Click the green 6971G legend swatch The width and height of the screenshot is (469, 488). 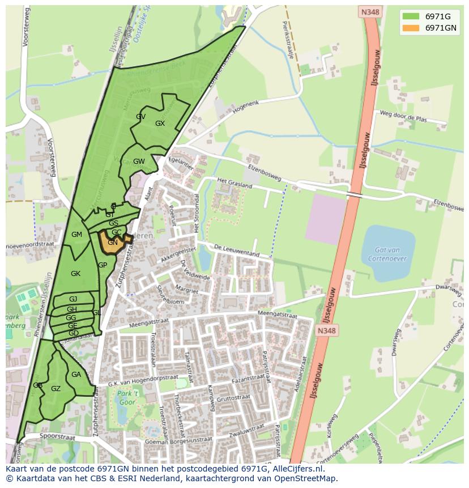(x=411, y=16)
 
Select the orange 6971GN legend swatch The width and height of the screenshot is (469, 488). (x=411, y=28)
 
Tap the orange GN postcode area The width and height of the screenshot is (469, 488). (x=112, y=243)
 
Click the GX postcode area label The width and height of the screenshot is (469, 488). (x=160, y=124)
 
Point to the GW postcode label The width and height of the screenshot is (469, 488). (x=139, y=162)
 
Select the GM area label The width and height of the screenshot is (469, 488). (x=76, y=235)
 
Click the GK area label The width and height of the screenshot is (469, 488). (x=75, y=274)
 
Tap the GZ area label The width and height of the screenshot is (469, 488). (x=56, y=389)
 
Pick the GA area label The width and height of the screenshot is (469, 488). (x=76, y=375)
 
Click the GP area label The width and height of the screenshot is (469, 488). (x=103, y=265)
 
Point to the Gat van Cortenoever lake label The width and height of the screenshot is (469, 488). (x=388, y=254)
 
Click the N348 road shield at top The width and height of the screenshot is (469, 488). (x=369, y=11)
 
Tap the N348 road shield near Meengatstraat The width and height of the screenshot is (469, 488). (x=326, y=331)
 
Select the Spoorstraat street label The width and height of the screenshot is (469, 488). (x=58, y=437)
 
